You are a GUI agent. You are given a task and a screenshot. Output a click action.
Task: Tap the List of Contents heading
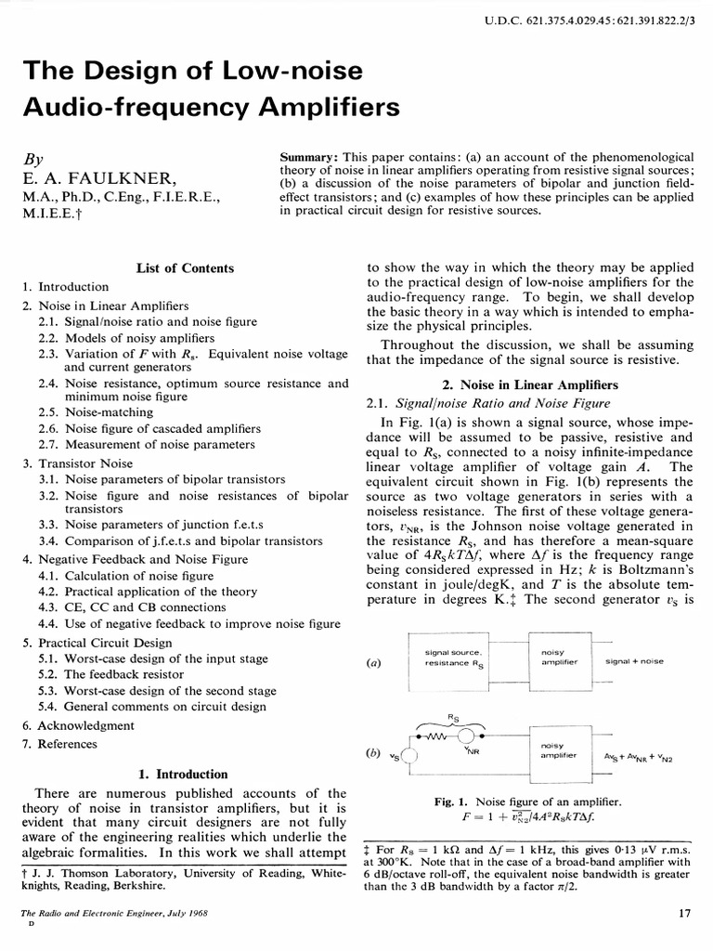pos(184,268)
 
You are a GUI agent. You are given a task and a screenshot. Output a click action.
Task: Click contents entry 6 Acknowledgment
pos(78,725)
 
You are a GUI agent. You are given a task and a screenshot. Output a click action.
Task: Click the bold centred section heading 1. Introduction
pos(182,774)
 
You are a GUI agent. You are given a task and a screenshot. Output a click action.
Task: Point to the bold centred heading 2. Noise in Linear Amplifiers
pos(532,384)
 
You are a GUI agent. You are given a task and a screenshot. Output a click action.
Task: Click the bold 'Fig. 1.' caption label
pos(453,801)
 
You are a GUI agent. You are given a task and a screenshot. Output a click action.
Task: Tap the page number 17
pos(685,913)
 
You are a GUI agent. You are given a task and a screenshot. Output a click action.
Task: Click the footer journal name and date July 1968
pos(113,914)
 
